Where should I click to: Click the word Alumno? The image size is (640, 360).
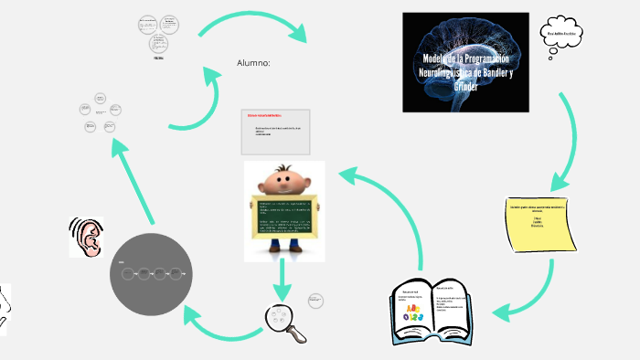253,63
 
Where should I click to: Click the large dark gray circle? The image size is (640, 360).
153,272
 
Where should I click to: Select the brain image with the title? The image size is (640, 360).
465,63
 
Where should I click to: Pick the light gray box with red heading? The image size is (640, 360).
276,130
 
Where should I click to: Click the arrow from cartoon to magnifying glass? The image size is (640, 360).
283,279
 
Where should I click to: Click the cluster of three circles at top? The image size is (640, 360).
157,33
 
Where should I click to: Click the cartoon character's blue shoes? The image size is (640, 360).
283,246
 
